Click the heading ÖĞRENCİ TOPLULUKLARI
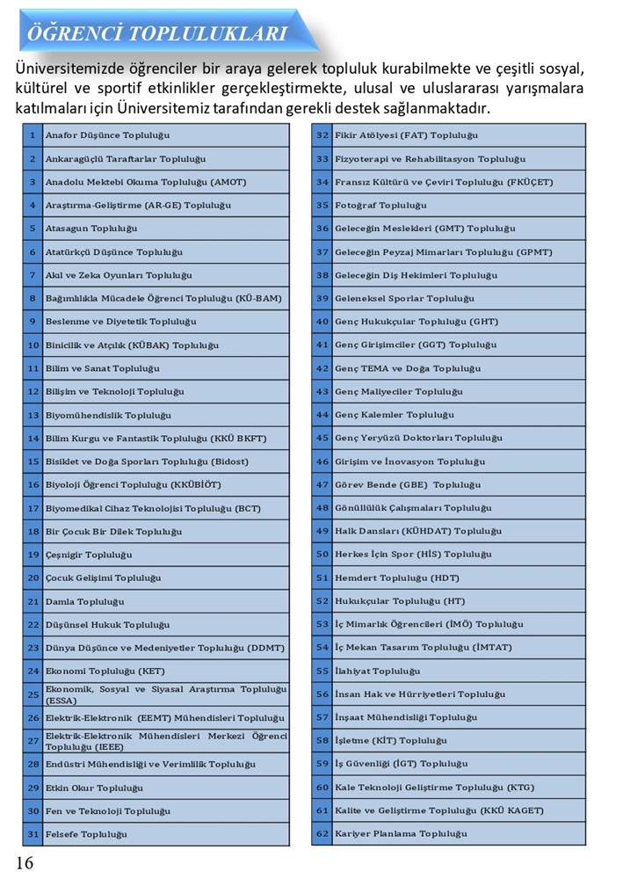click(158, 34)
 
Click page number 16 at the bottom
click(25, 862)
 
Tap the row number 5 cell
click(33, 229)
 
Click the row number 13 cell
click(33, 415)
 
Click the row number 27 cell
click(33, 741)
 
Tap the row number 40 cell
click(322, 322)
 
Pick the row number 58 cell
click(322, 741)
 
